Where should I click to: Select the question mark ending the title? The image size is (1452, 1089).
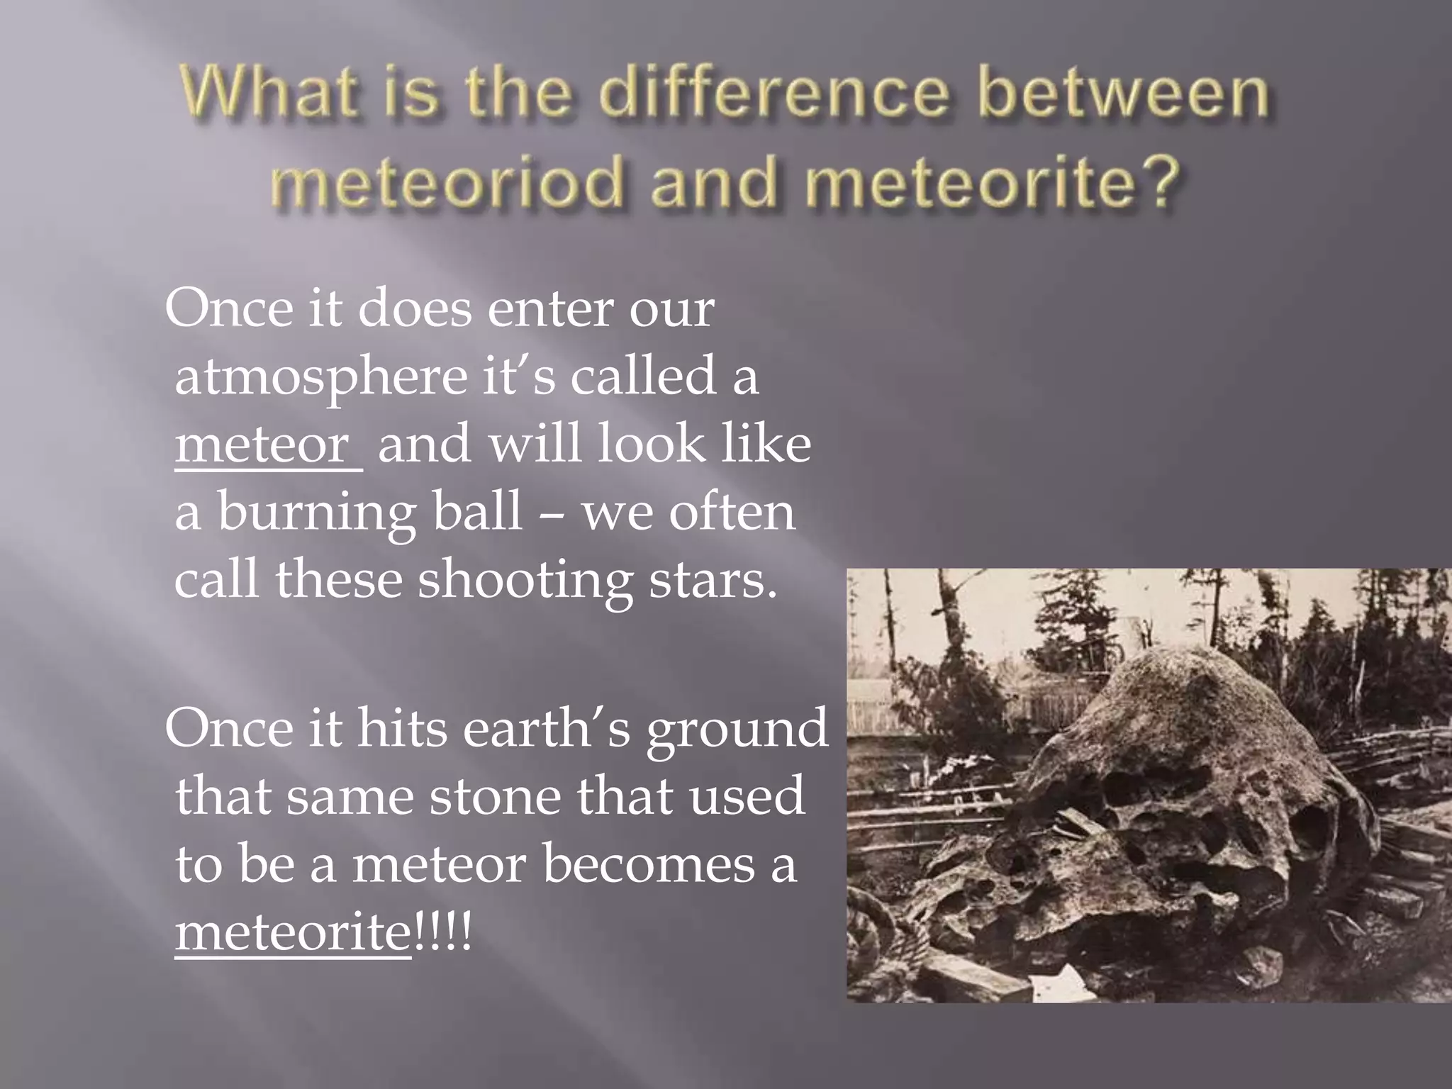coord(1161,183)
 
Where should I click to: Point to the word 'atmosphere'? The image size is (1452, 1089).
coord(320,376)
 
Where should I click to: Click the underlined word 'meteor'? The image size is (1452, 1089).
coord(262,444)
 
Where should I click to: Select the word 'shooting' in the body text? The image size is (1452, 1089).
coord(524,580)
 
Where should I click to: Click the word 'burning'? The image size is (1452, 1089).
coord(316,513)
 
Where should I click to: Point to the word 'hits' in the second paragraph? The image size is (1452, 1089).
coord(401,727)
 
